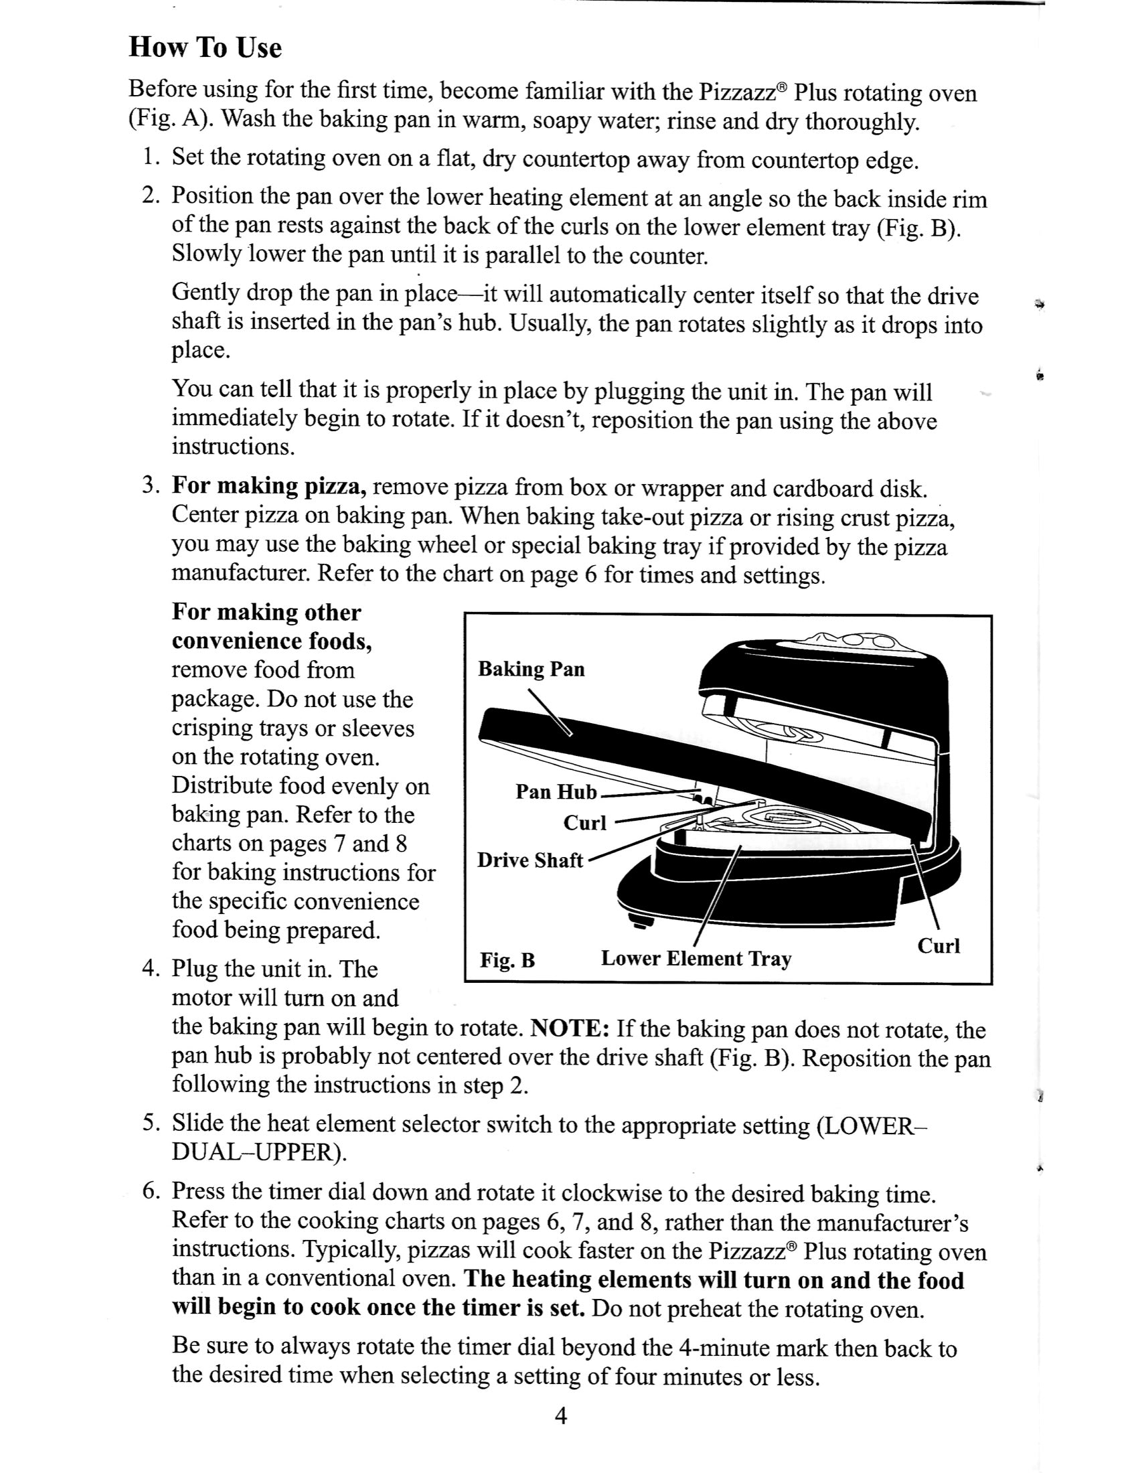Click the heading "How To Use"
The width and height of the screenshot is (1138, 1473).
pyautogui.click(x=205, y=48)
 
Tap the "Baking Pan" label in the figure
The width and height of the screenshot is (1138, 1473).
pyautogui.click(x=531, y=669)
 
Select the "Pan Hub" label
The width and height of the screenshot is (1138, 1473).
pyautogui.click(x=556, y=791)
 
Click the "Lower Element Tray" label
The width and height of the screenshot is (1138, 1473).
pyautogui.click(x=696, y=958)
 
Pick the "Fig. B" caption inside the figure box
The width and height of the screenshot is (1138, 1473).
pyautogui.click(x=507, y=959)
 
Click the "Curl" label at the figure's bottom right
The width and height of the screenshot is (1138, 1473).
pyautogui.click(x=939, y=945)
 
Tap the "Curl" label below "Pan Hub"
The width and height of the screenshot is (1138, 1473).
pyautogui.click(x=584, y=823)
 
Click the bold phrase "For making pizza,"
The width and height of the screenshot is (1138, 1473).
pyautogui.click(x=269, y=485)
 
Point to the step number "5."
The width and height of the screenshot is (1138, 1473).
pyautogui.click(x=151, y=1123)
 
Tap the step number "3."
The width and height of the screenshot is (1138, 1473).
pyautogui.click(x=151, y=485)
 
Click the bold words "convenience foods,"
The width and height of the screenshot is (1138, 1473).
pyautogui.click(x=272, y=641)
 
